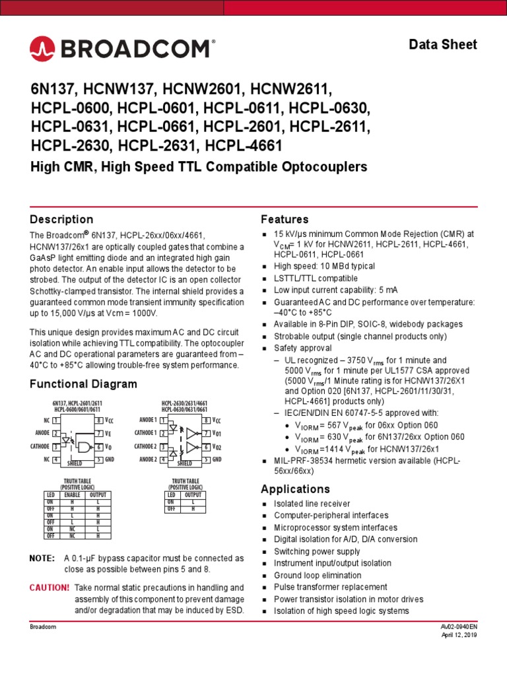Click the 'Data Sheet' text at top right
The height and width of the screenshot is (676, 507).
(443, 45)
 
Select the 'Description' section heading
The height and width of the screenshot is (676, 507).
(62, 219)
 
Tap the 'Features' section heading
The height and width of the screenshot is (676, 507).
(285, 219)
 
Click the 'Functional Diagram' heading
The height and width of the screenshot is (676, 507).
(84, 384)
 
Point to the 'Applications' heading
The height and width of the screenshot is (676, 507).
(295, 489)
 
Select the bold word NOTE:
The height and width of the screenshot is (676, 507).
(43, 558)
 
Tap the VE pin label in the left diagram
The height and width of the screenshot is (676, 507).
(108, 433)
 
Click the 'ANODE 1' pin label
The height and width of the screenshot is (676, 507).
(148, 420)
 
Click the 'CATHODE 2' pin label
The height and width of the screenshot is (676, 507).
(145, 446)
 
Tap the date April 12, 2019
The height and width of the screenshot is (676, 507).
(459, 635)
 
